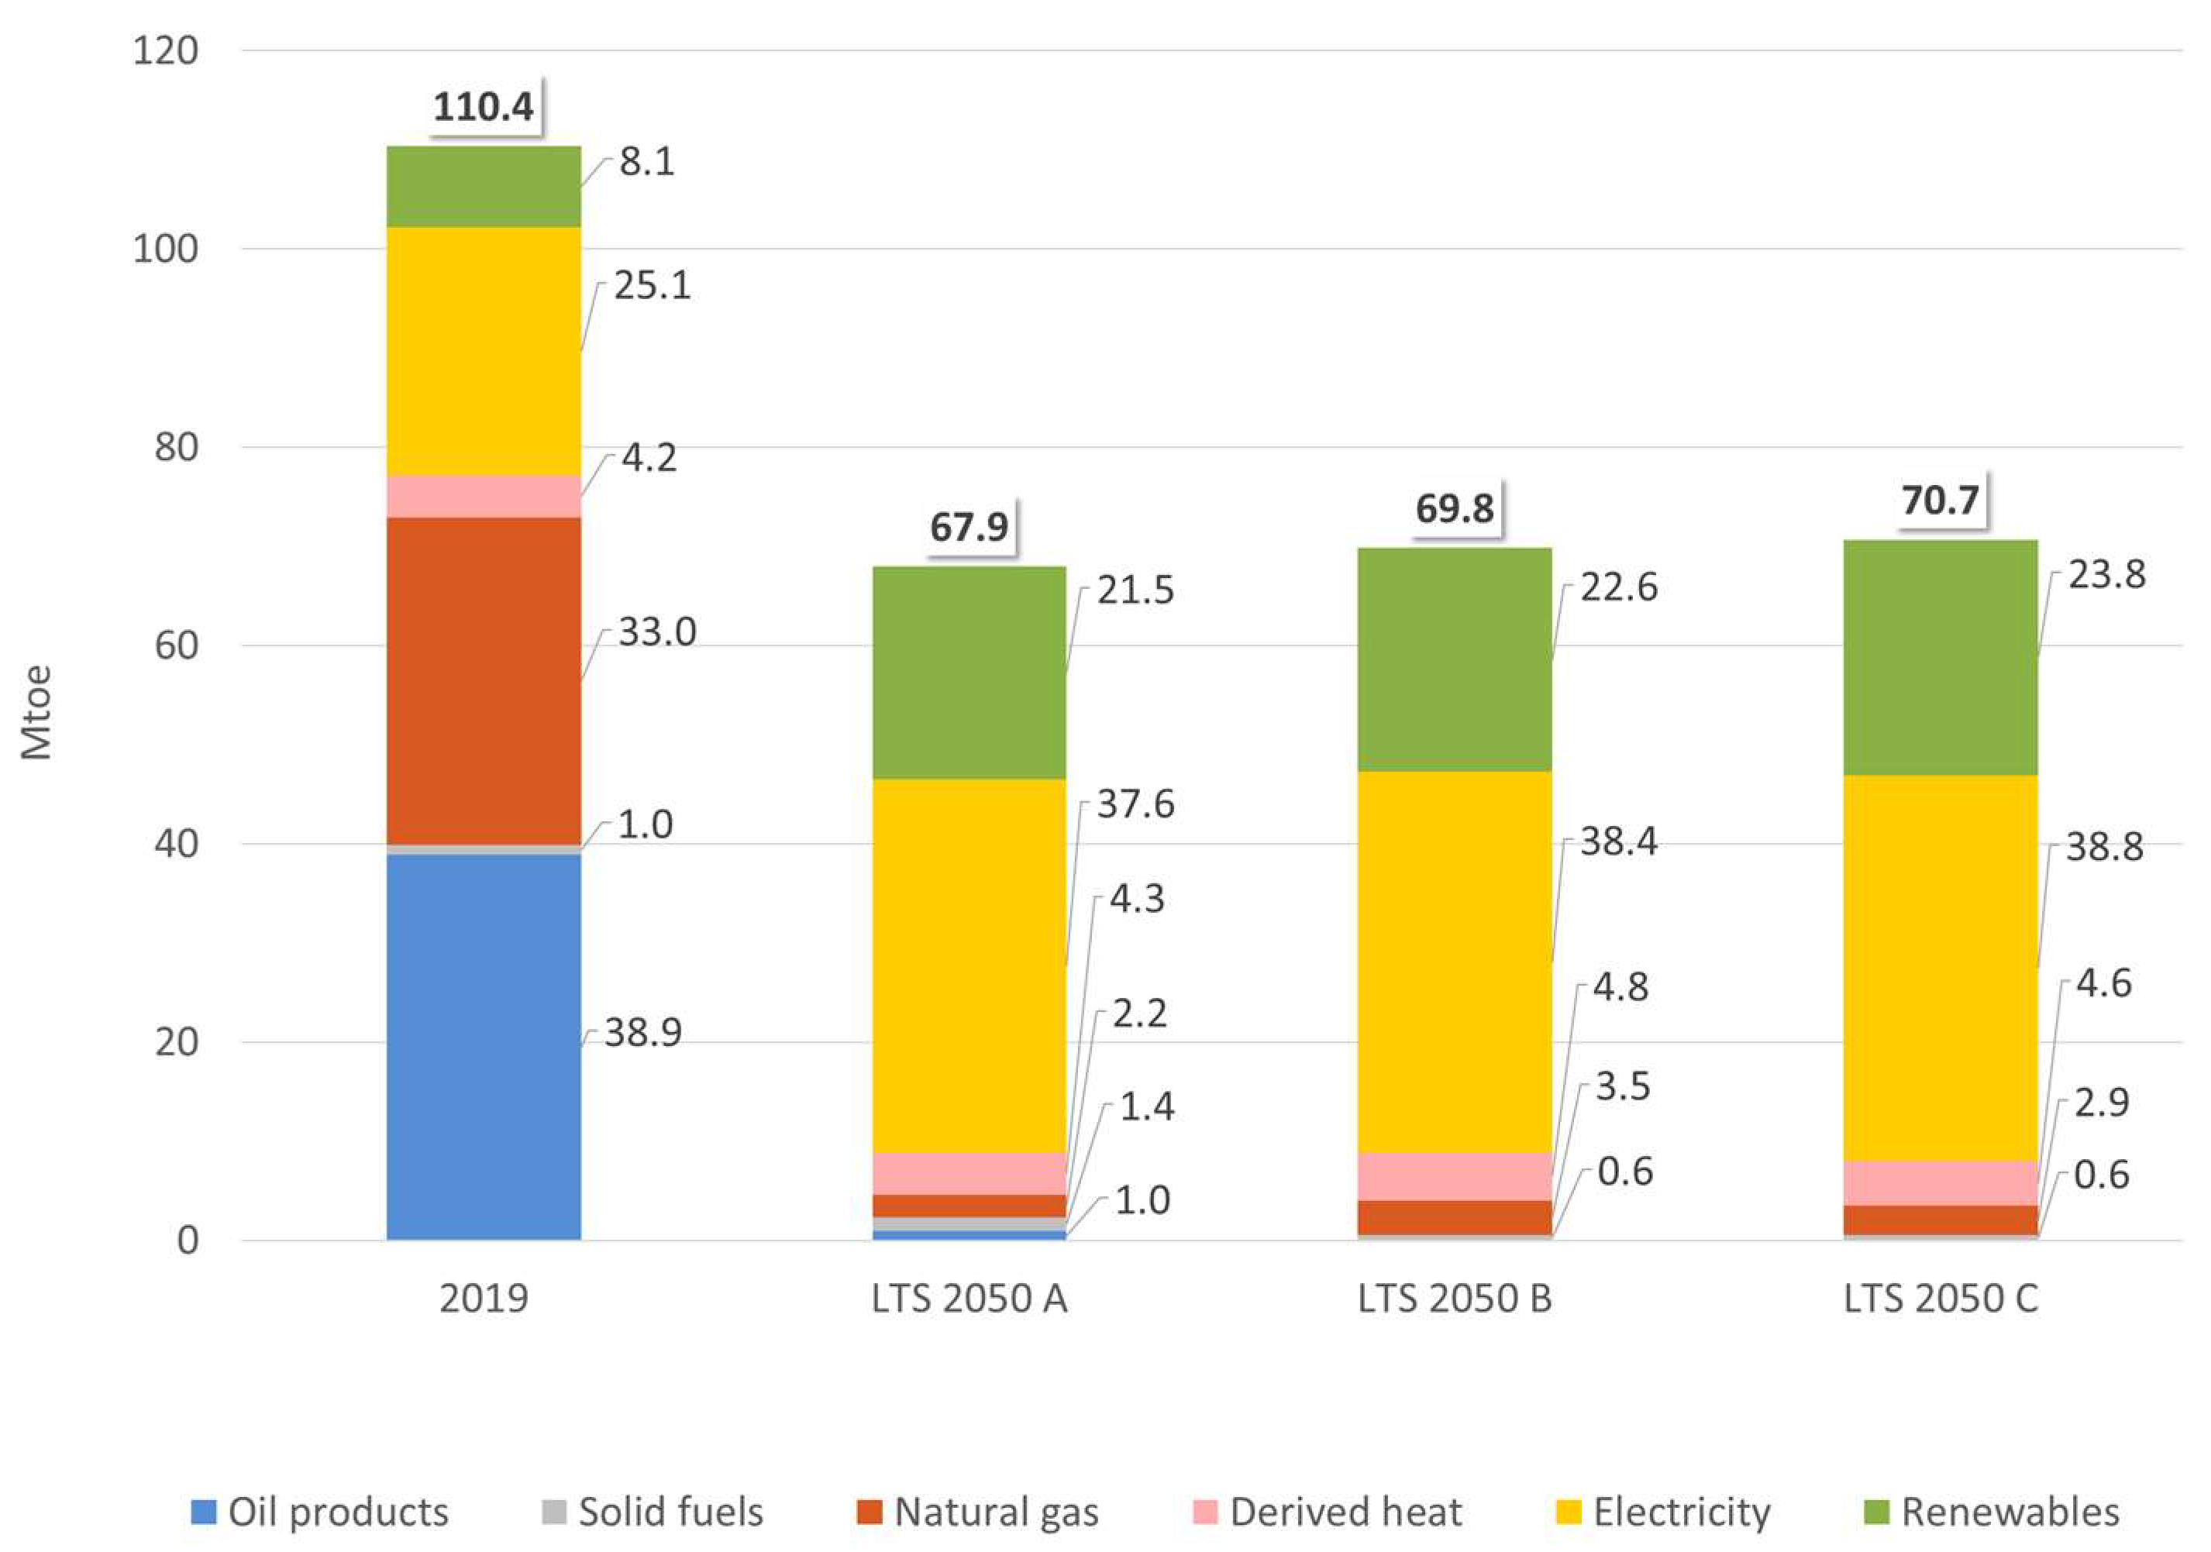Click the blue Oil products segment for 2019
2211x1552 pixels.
pos(484,1047)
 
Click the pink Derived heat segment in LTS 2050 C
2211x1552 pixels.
pos(1941,1182)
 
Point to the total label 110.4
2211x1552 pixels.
pos(483,106)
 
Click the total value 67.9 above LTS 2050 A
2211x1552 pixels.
pos(969,527)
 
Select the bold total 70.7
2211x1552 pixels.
pos(1941,500)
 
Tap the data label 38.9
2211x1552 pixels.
pos(643,1033)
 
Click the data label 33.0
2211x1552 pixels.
pos(656,632)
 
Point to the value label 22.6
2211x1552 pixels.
pos(1619,587)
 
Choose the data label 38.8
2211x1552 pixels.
pos(2105,847)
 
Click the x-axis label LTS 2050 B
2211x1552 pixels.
pos(1454,1299)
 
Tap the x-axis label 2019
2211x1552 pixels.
pos(484,1299)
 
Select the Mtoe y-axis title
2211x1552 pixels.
pos(36,712)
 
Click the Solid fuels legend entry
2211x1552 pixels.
pos(652,1512)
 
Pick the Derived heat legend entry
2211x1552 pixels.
pos(1328,1512)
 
